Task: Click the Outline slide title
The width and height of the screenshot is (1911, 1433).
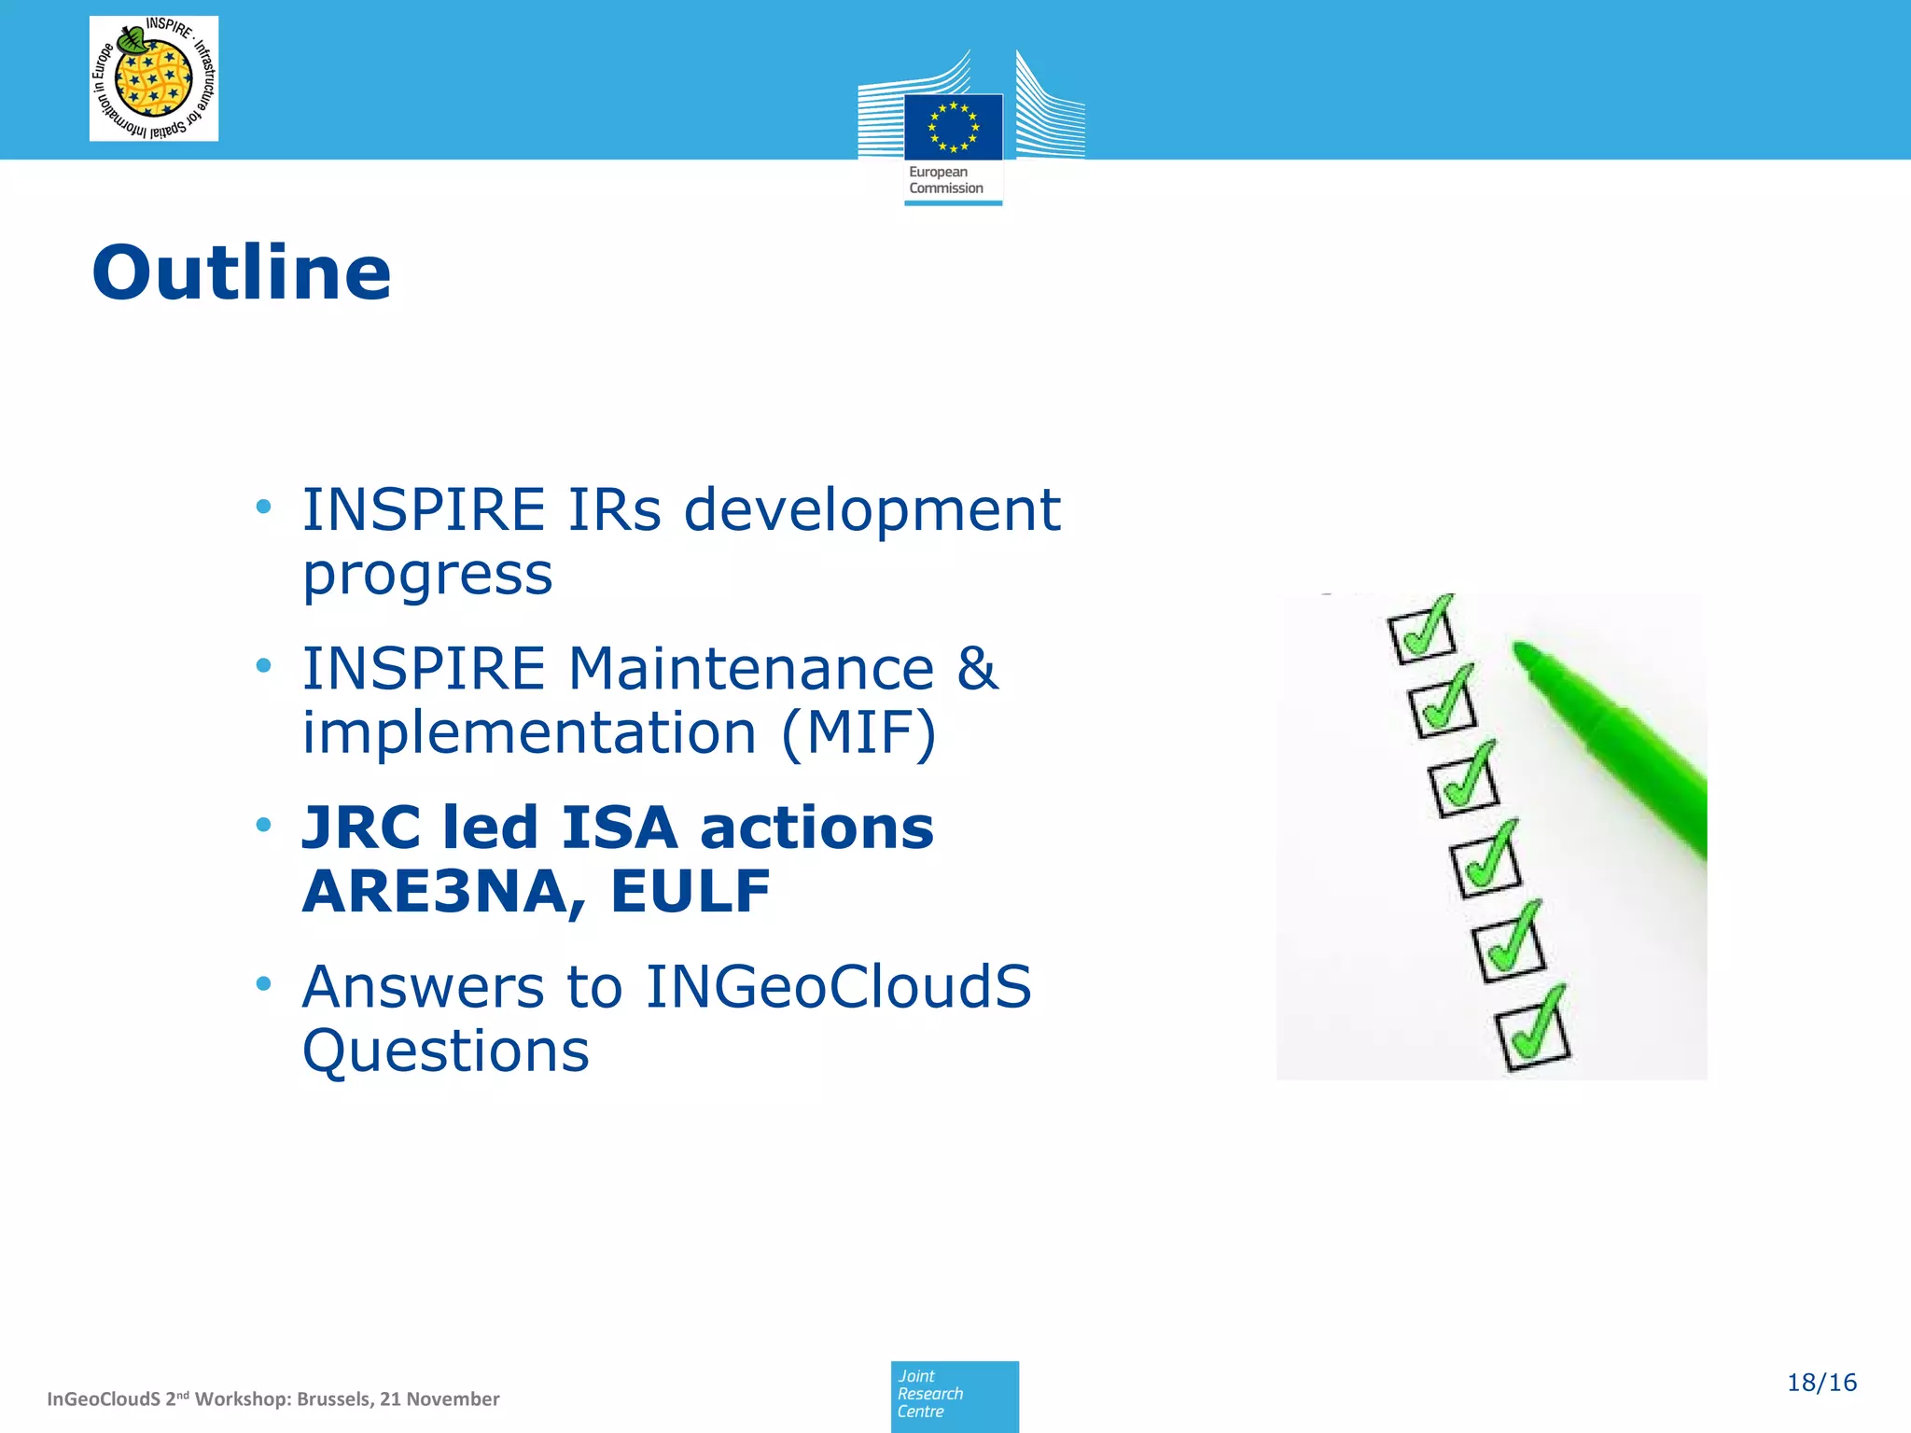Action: (x=242, y=272)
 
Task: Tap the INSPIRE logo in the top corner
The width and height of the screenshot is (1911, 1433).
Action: (x=154, y=78)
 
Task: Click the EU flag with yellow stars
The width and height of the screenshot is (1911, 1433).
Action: (x=953, y=127)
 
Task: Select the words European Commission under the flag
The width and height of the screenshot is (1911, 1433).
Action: (x=945, y=180)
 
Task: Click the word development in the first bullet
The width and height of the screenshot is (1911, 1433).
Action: (x=872, y=510)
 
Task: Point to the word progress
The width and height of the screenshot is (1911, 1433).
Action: (x=427, y=574)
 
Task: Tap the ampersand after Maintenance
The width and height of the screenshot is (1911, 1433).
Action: (x=977, y=668)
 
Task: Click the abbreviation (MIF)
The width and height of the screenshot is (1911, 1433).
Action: (x=858, y=733)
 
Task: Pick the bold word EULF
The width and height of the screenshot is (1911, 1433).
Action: (x=690, y=891)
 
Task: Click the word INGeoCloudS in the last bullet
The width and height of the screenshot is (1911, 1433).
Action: (x=838, y=987)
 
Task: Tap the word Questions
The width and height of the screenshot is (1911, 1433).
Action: (x=446, y=1051)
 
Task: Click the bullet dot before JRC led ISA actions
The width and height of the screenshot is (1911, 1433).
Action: (x=264, y=825)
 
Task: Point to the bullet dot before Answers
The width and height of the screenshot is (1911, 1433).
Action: (x=264, y=983)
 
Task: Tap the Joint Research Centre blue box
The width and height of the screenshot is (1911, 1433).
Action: (x=954, y=1396)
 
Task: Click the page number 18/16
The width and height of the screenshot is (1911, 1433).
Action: (x=1820, y=1383)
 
